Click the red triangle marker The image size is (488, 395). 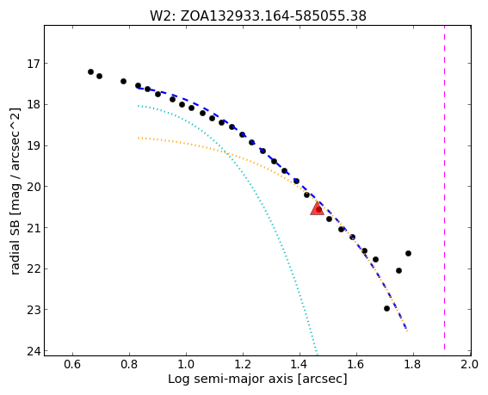pyautogui.click(x=317, y=208)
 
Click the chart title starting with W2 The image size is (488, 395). pyautogui.click(x=258, y=15)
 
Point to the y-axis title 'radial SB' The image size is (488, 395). pyautogui.click(x=15, y=191)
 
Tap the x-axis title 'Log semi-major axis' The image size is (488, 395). pyautogui.click(x=257, y=379)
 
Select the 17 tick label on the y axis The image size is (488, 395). pyautogui.click(x=32, y=64)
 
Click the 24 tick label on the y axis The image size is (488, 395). pyautogui.click(x=32, y=351)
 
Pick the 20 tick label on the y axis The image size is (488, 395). pyautogui.click(x=32, y=187)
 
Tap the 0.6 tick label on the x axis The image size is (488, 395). pyautogui.click(x=72, y=364)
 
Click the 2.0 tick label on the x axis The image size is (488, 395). pyautogui.click(x=470, y=364)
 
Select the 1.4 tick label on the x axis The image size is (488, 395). pyautogui.click(x=300, y=364)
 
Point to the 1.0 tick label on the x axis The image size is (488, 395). pyautogui.click(x=186, y=364)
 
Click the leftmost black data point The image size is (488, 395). pyautogui.click(x=90, y=72)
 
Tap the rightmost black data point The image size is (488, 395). pyautogui.click(x=408, y=253)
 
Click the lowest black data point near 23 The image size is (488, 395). pyautogui.click(x=386, y=308)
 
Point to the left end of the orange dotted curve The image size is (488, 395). pyautogui.click(x=139, y=138)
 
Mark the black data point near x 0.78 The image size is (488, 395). pyautogui.click(x=123, y=81)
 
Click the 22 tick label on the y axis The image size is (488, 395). pyautogui.click(x=32, y=269)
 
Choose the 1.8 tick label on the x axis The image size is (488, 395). pyautogui.click(x=413, y=364)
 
